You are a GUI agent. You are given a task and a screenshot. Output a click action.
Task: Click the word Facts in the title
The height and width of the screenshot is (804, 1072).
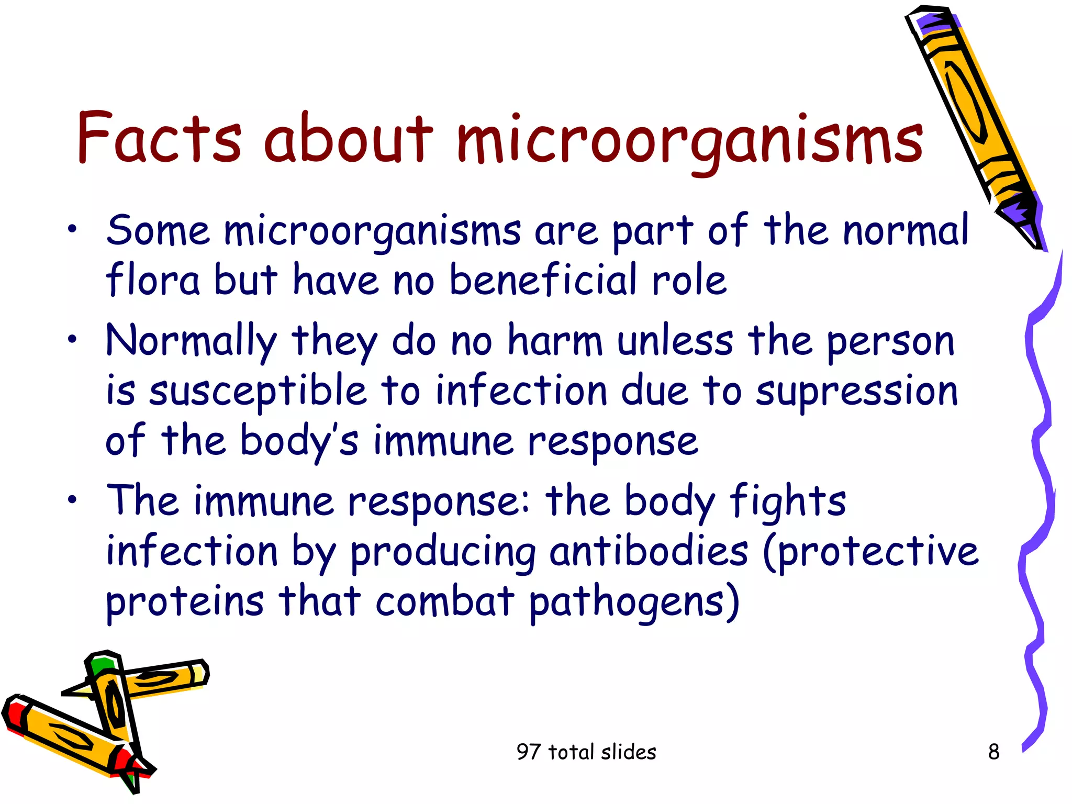tap(159, 138)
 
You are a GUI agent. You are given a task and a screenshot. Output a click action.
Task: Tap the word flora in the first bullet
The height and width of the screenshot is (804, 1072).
tap(152, 280)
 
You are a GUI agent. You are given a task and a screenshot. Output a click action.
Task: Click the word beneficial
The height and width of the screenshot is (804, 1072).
tap(543, 280)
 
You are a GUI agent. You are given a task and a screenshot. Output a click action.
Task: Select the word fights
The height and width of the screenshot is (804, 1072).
tap(788, 501)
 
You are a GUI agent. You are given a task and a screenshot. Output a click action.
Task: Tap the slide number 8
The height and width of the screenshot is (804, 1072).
tap(993, 752)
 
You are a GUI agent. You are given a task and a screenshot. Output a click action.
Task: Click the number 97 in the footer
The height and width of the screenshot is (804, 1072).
tap(528, 752)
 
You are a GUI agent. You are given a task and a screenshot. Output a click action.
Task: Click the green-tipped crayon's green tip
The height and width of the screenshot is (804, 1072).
tap(100, 665)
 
